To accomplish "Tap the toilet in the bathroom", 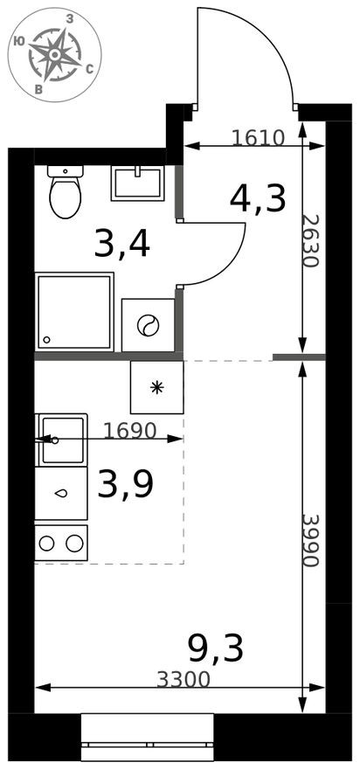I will [x=65, y=193].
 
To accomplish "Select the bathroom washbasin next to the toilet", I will [x=137, y=184].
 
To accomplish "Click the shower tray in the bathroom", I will [x=74, y=312].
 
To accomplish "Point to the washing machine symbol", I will [x=148, y=325].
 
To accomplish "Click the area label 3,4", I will [x=122, y=244].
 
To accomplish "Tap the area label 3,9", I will [x=125, y=484].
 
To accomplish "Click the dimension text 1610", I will [x=259, y=137].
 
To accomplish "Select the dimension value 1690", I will [x=128, y=430].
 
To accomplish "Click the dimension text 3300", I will [x=184, y=679].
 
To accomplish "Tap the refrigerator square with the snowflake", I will [x=157, y=387].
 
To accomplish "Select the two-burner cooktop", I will [x=61, y=543].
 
